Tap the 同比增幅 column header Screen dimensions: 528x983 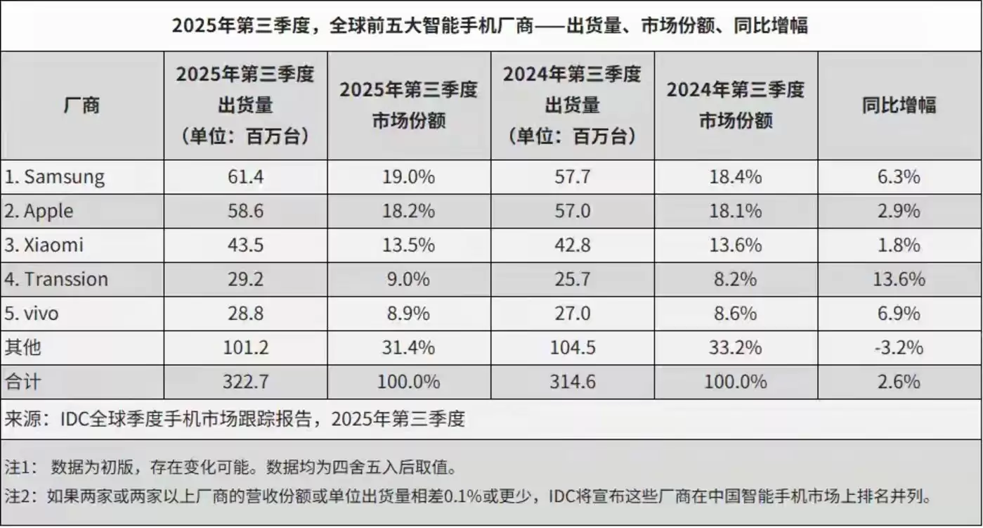899,105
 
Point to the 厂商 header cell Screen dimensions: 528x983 82,105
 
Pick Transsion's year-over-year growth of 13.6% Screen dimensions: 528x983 899,279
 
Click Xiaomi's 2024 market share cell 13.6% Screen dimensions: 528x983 735,245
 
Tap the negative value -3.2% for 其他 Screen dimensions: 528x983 899,347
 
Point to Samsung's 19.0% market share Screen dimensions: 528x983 408,176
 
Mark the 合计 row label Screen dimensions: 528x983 23,382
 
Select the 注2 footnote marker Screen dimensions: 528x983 20,498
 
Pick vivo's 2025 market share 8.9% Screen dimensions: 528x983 408,314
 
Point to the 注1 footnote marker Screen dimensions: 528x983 20,466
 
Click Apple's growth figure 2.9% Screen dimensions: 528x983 899,211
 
